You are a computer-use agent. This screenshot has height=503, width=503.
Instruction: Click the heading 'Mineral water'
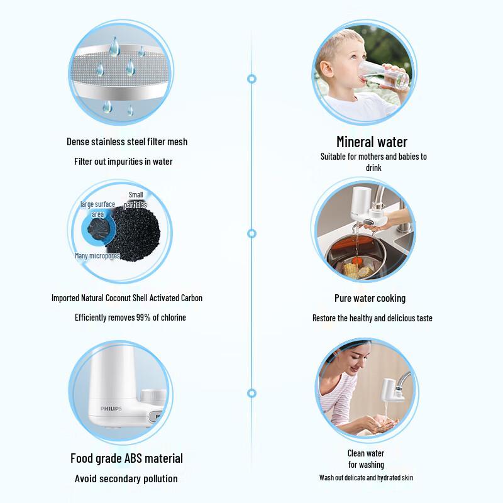(x=372, y=141)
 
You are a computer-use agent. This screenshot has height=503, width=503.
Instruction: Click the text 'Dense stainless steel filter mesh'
(x=127, y=142)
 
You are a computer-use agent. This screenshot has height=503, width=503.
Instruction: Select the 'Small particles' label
(x=136, y=199)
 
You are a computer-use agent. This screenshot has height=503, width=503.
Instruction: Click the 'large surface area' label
(x=97, y=209)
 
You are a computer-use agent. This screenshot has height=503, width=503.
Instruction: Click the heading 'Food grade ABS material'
(x=126, y=458)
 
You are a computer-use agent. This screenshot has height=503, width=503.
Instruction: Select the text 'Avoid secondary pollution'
(x=126, y=478)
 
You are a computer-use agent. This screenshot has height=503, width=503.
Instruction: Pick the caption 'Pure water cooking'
(x=370, y=298)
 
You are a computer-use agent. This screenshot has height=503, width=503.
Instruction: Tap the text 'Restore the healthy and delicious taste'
(x=372, y=318)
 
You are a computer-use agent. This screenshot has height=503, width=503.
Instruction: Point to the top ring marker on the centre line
(x=252, y=79)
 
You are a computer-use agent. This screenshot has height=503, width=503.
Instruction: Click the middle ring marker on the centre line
(x=252, y=233)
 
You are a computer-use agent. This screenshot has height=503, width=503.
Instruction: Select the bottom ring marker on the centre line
(x=252, y=393)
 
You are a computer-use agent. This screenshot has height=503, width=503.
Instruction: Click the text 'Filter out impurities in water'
(x=123, y=162)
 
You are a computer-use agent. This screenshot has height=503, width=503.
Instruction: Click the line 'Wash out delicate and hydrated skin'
(x=366, y=478)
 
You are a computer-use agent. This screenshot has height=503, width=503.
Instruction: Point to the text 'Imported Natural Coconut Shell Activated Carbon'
(x=127, y=298)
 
